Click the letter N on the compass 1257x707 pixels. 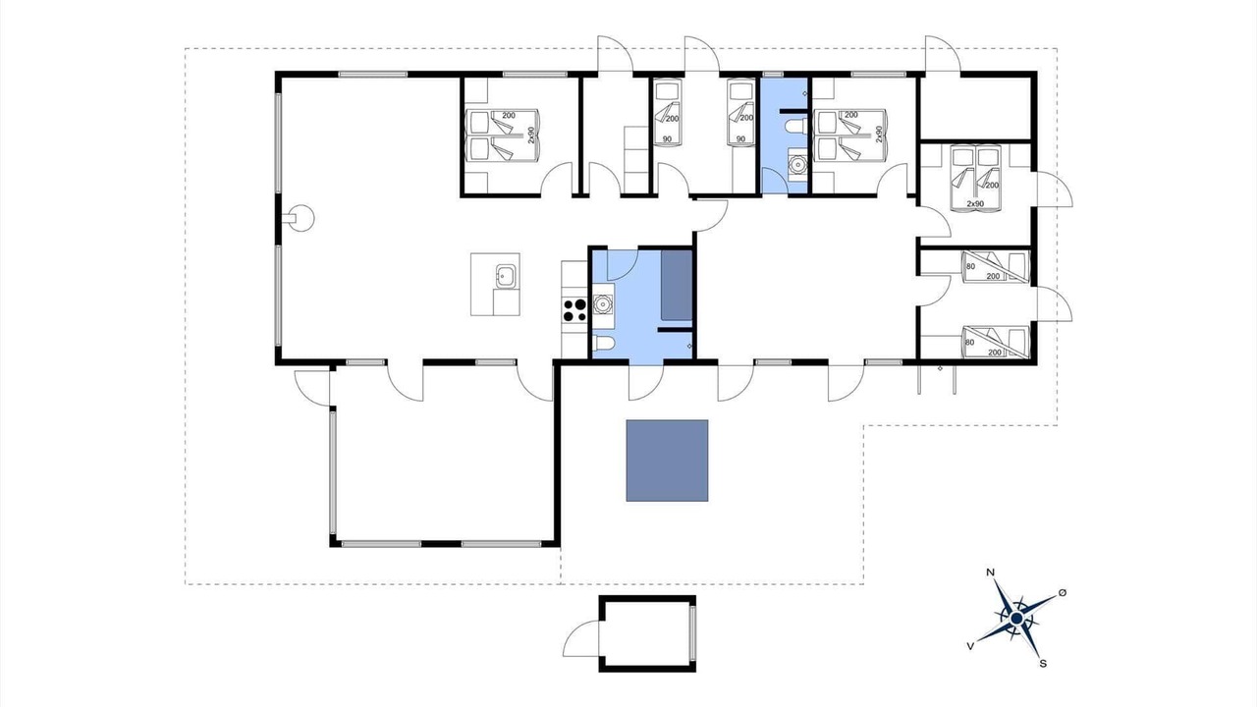click(x=991, y=572)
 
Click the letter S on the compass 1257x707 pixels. click(x=1043, y=664)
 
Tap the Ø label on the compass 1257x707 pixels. click(x=1063, y=592)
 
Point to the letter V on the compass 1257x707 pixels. click(x=969, y=646)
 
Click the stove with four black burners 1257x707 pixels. click(x=574, y=310)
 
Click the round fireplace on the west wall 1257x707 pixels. click(x=301, y=217)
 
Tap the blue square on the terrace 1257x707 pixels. click(x=667, y=461)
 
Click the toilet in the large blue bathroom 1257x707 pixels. click(x=604, y=343)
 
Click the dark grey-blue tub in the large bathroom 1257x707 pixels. click(x=677, y=286)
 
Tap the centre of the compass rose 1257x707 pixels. click(x=1016, y=619)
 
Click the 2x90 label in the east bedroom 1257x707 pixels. click(x=975, y=203)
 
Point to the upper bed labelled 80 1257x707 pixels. click(x=995, y=267)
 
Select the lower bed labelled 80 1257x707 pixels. click(x=995, y=343)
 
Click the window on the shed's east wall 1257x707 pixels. click(x=692, y=634)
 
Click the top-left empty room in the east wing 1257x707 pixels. click(x=976, y=108)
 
